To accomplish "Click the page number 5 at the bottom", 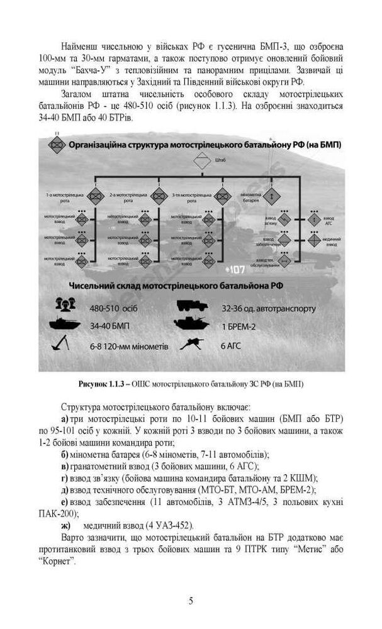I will [191, 599].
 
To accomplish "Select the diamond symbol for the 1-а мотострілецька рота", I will [95, 195].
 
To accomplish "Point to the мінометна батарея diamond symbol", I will [271, 195].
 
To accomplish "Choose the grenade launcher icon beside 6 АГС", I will [191, 345].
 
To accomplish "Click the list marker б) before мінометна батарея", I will [65, 454].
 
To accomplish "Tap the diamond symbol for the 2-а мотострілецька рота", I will [158, 195].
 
